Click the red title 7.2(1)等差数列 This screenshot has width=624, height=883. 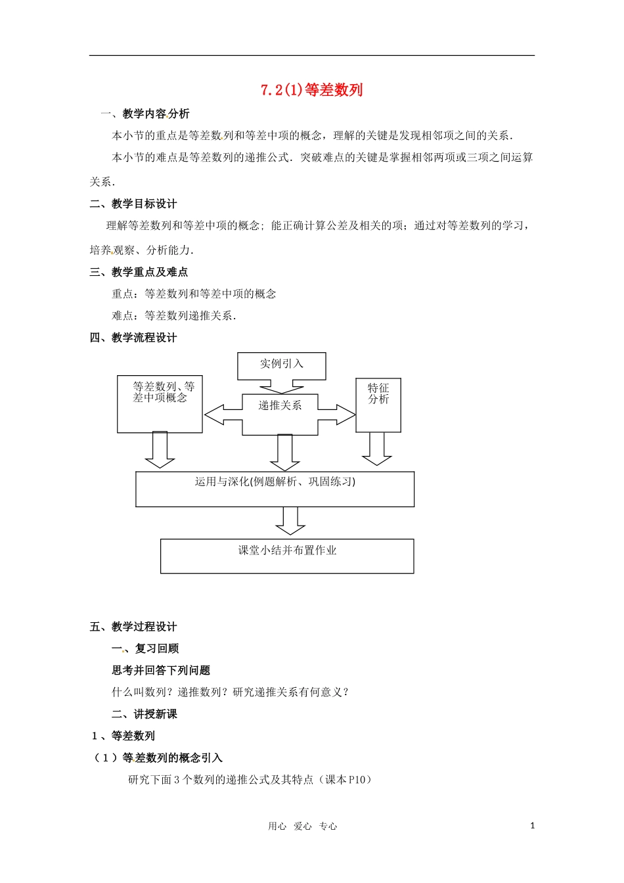coord(311,90)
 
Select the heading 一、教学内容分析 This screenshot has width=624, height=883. coord(145,114)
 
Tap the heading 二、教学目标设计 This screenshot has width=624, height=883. coord(133,204)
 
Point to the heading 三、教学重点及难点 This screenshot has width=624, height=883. coord(139,271)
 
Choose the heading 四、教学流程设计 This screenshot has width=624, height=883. coord(133,337)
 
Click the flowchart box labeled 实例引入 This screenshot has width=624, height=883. coord(281,365)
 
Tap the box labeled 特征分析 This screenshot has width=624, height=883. coord(378,405)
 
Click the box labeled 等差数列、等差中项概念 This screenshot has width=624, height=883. coord(160,404)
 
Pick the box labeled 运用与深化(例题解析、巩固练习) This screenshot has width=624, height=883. coord(275,489)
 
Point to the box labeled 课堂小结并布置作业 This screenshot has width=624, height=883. coord(287,556)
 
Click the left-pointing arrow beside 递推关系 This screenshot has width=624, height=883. coord(223,415)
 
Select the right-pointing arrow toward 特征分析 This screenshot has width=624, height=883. coord(337,415)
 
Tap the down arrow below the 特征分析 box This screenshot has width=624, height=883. coord(377,449)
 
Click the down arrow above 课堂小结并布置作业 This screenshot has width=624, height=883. coord(290,521)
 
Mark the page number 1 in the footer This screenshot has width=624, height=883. coord(533,825)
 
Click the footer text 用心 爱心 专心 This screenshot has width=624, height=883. coord(302,826)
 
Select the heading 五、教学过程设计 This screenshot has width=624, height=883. coord(133,626)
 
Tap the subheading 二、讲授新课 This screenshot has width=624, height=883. coord(145,713)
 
